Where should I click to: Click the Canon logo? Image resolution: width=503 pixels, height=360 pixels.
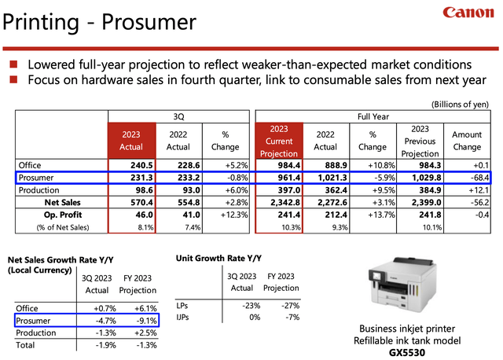click(468, 13)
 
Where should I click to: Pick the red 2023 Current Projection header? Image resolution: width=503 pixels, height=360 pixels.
click(279, 141)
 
